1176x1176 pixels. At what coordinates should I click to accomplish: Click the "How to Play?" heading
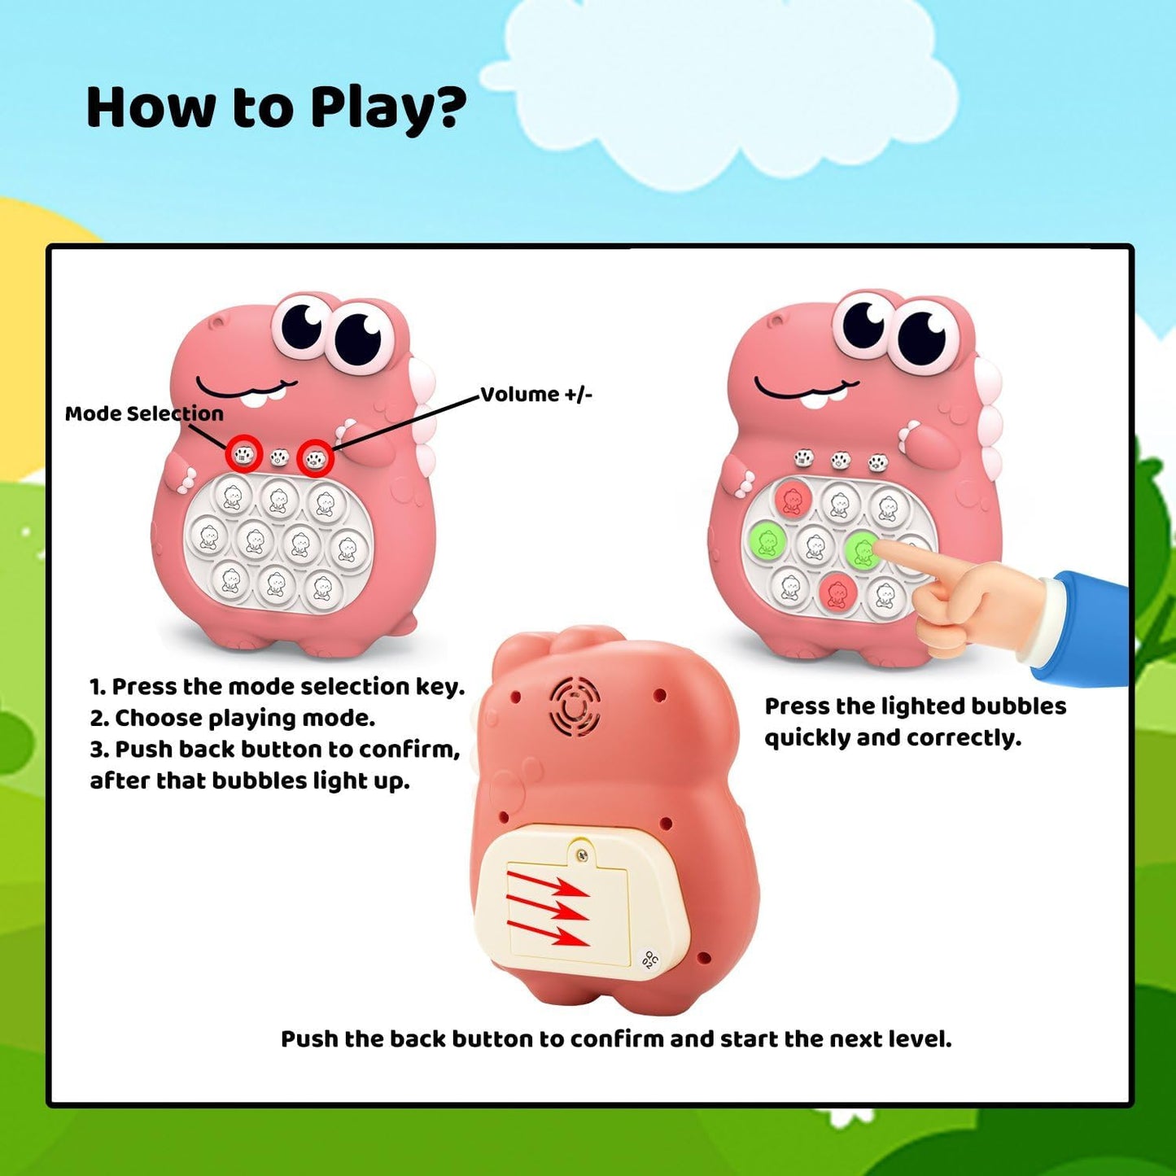[276, 108]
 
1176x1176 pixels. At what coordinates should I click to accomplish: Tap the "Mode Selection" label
[144, 413]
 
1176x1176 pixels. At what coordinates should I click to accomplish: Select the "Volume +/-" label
[536, 395]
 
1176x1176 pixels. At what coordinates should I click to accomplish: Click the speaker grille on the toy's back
[575, 706]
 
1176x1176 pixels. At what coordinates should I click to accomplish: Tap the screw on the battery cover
[580, 854]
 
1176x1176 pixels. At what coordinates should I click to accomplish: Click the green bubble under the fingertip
[862, 550]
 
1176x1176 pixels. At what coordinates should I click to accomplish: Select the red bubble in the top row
[791, 498]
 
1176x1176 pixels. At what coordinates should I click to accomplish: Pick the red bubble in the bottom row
[836, 592]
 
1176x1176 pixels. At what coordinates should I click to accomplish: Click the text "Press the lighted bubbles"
[915, 706]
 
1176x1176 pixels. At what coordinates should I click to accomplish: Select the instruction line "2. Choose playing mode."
[233, 718]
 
